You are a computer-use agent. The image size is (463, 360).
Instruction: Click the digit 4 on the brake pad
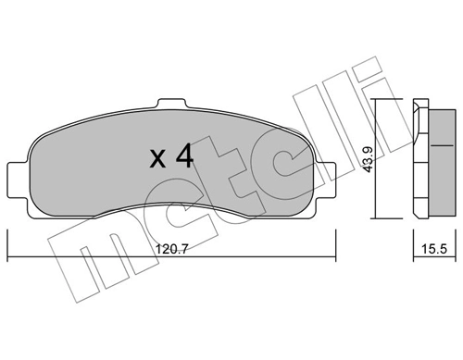(183, 156)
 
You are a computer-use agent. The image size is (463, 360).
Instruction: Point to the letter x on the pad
(158, 160)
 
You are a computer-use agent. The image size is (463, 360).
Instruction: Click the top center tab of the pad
(170, 106)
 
